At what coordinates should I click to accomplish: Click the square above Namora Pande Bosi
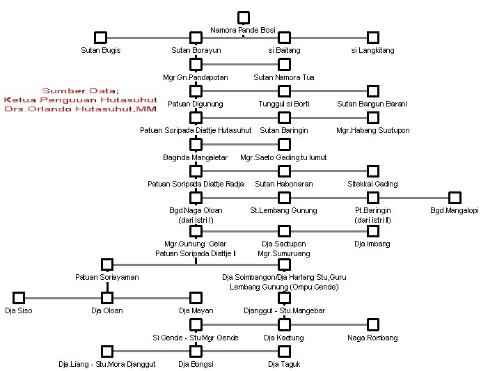243,17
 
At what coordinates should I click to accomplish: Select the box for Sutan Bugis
100,38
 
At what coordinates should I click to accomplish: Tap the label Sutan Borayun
195,51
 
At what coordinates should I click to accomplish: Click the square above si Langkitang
373,38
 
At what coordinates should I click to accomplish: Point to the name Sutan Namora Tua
283,77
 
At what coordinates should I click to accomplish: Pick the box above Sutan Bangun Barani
373,90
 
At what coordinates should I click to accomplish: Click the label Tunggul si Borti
283,104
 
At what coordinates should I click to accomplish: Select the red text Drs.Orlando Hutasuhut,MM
80,109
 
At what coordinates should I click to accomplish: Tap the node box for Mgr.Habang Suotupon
373,117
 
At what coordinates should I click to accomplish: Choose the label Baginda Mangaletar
195,157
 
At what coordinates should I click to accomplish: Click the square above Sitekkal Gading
373,171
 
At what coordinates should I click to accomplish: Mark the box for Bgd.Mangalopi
455,198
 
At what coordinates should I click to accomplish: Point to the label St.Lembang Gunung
283,210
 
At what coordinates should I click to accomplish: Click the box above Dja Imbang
373,230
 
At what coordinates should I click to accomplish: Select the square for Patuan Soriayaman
107,264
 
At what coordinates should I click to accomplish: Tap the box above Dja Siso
19,297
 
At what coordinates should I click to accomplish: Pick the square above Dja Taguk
283,350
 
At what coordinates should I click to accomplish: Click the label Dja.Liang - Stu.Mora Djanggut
107,364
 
